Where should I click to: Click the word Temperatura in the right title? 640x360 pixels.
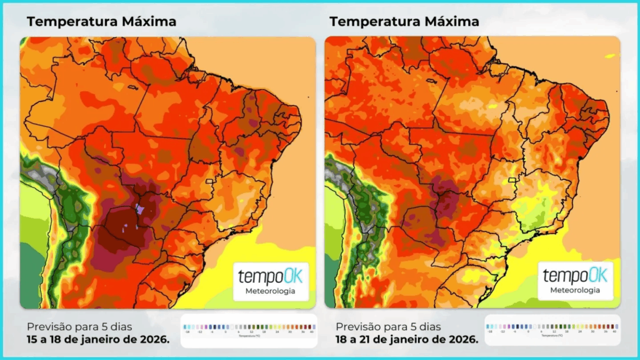pos(375,21)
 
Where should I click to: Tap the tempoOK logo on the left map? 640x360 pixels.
pos(270,277)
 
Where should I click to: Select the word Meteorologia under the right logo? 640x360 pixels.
pos(574,290)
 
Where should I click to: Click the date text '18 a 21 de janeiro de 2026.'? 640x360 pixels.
pos(407,339)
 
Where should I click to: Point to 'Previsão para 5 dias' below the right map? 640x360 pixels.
pos(388,326)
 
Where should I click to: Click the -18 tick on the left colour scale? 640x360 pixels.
pos(186,331)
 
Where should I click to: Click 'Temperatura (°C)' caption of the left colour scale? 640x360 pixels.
pos(249,337)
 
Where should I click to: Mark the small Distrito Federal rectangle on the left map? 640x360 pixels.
pos(210,181)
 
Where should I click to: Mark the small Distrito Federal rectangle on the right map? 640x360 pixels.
pos(514,181)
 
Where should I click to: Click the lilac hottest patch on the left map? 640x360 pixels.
pos(140,209)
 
